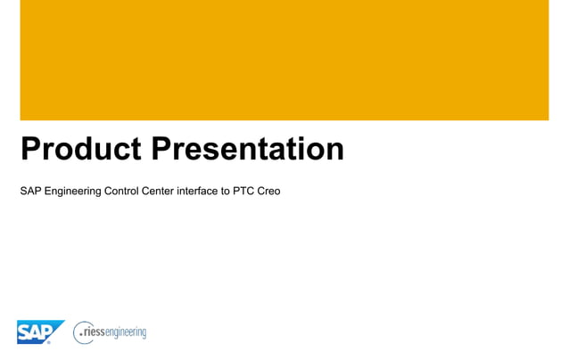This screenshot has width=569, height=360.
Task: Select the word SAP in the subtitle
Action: (x=30, y=191)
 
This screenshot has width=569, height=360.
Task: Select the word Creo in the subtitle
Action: (x=268, y=191)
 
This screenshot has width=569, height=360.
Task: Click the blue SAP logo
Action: (x=38, y=331)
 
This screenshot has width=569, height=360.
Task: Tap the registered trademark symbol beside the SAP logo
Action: (x=49, y=342)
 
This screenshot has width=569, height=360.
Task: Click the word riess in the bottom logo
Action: (x=94, y=332)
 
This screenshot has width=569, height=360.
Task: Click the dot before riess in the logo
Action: (x=80, y=335)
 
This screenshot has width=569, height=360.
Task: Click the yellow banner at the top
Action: (x=284, y=60)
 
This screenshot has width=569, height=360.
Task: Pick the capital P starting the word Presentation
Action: (x=162, y=150)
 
